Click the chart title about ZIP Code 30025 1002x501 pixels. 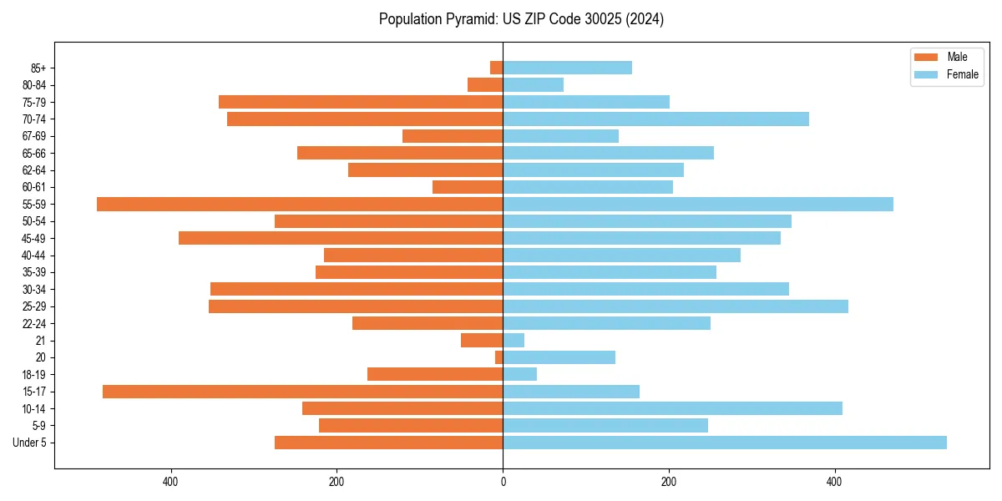click(x=521, y=19)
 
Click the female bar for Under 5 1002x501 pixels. click(x=724, y=443)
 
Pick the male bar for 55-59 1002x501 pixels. click(x=300, y=205)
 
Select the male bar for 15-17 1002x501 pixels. click(x=302, y=392)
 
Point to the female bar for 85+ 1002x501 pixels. click(x=567, y=68)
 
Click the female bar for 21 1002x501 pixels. click(x=514, y=341)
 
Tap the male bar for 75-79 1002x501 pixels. click(x=361, y=102)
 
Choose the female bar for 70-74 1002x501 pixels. click(x=655, y=119)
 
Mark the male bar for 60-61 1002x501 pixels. click(x=468, y=187)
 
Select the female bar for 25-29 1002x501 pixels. click(x=675, y=306)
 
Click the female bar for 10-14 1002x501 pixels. click(x=672, y=408)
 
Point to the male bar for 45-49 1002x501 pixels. click(x=341, y=238)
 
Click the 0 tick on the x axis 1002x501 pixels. click(x=503, y=482)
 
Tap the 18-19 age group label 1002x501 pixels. click(x=33, y=375)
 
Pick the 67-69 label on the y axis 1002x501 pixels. click(x=33, y=136)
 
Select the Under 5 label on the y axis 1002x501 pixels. click(x=29, y=443)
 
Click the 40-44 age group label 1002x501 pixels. click(x=33, y=256)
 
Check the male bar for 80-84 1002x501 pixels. click(x=485, y=85)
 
